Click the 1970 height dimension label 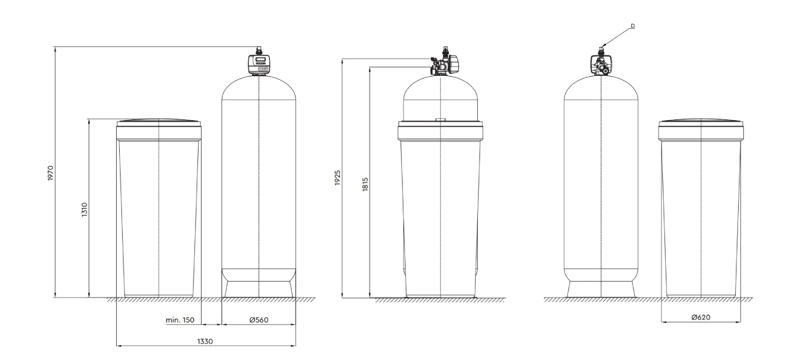tap(50, 173)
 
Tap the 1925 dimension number tap(338, 178)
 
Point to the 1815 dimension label tap(365, 185)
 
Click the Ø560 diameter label tap(258, 320)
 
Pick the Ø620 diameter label tap(701, 318)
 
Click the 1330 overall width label tap(205, 342)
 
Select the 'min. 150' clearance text tap(180, 320)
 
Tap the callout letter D tap(632, 25)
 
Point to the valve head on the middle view tap(444, 63)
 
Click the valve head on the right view tap(601, 64)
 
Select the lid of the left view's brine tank tap(159, 122)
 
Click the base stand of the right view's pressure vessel tap(601, 289)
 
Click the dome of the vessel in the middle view tap(441, 97)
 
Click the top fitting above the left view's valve tap(258, 50)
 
